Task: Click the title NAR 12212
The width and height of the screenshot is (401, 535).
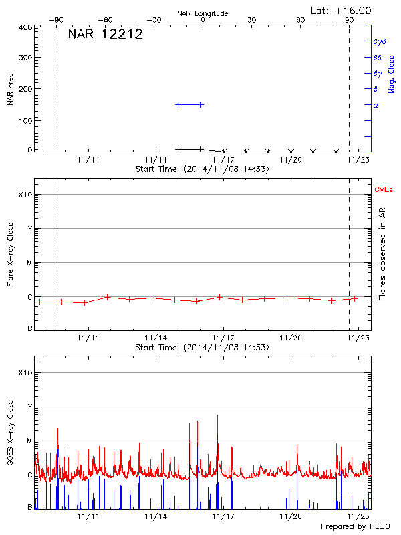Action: [106, 35]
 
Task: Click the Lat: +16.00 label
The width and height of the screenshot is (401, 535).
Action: [342, 10]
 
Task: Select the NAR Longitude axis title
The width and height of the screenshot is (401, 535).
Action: [203, 13]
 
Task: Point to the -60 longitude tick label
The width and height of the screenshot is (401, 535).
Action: [105, 20]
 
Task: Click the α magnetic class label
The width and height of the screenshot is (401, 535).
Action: [376, 105]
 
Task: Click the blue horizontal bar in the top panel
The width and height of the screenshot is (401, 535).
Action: [189, 104]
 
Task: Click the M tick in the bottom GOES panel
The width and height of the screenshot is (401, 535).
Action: [29, 441]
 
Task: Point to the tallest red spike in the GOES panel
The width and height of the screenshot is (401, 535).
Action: [217, 416]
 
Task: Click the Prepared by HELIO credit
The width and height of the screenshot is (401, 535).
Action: [356, 526]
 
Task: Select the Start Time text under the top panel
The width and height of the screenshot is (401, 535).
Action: [202, 169]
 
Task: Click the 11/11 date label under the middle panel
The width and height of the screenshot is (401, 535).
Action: [88, 338]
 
